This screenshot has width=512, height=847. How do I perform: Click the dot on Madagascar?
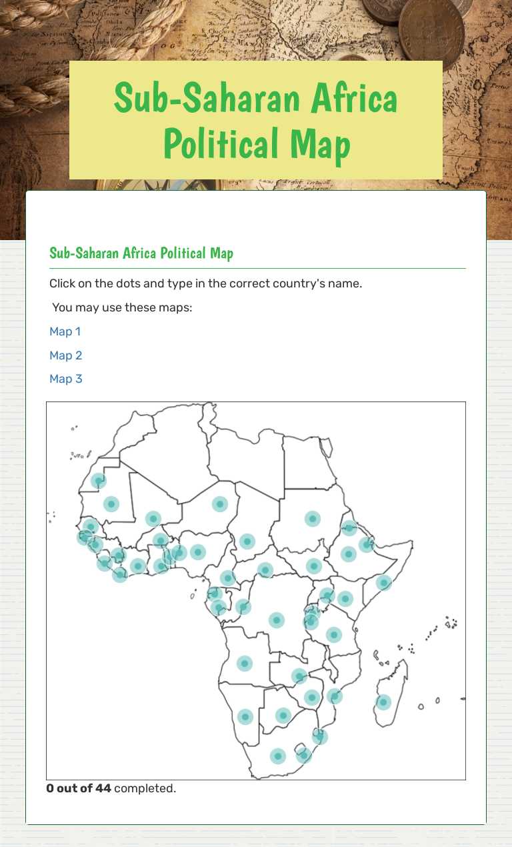pyautogui.click(x=383, y=702)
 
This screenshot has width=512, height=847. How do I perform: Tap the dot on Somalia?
pyautogui.click(x=383, y=583)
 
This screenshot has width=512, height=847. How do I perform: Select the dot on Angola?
pyautogui.click(x=245, y=663)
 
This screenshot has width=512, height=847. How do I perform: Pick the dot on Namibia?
pyautogui.click(x=245, y=716)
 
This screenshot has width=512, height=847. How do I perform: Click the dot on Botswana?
pyautogui.click(x=283, y=716)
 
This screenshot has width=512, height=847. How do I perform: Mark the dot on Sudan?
pyautogui.click(x=312, y=518)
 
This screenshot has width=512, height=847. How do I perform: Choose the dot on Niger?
pyautogui.click(x=219, y=504)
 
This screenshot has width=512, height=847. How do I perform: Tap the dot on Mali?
pyautogui.click(x=153, y=518)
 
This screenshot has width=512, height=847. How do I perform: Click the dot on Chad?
pyautogui.click(x=247, y=541)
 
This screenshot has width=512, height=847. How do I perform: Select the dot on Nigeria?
pyautogui.click(x=197, y=552)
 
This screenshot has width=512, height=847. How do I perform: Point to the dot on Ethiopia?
pyautogui.click(x=348, y=554)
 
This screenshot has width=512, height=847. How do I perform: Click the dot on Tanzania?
pyautogui.click(x=334, y=634)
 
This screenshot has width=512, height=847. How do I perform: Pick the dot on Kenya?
pyautogui.click(x=345, y=598)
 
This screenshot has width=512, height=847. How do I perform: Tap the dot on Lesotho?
pyautogui.click(x=303, y=756)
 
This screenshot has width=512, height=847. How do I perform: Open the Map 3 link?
pyautogui.click(x=65, y=379)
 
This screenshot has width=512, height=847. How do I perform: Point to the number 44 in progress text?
pyautogui.click(x=103, y=788)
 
